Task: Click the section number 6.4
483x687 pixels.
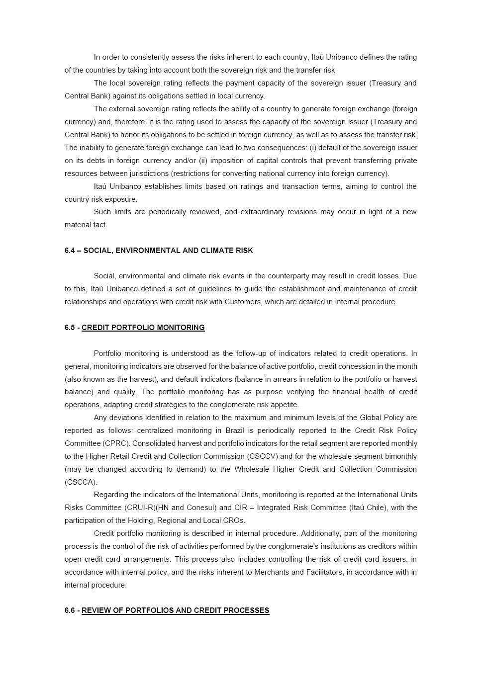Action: point(70,251)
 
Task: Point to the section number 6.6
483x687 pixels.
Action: point(70,610)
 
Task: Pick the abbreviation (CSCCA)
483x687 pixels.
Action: point(81,482)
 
